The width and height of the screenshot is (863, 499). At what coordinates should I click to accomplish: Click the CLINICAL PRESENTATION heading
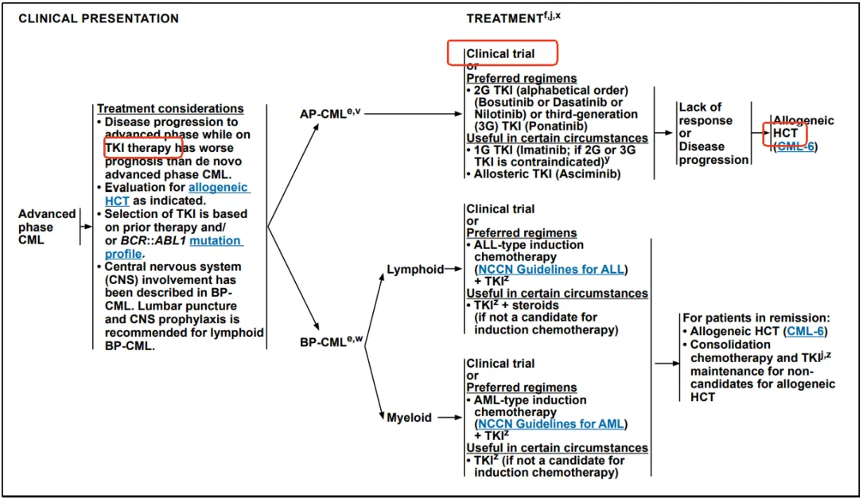pos(98,18)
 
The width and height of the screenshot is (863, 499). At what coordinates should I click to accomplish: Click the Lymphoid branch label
pos(414,270)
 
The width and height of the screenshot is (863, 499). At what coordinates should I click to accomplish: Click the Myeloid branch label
pos(409,417)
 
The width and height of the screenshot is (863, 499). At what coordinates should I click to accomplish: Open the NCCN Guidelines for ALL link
pos(551,270)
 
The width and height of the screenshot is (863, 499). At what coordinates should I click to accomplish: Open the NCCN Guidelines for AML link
pos(551,424)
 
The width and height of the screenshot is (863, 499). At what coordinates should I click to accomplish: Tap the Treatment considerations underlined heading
pos(170,109)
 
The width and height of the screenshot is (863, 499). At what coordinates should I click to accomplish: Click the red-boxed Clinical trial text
pos(501,54)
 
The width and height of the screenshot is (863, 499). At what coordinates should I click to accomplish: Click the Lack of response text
pos(700,114)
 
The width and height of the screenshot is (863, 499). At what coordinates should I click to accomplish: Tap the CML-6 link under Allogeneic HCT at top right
pos(795,146)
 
